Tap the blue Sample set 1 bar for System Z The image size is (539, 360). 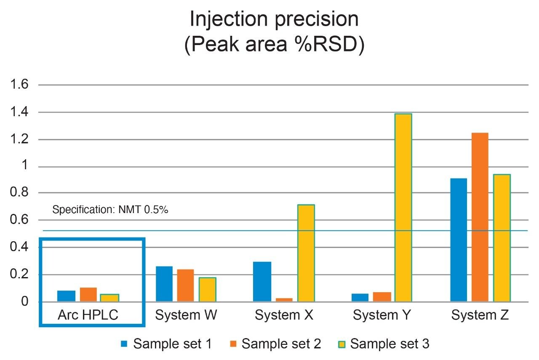459,240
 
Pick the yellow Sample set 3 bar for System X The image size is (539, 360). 306,253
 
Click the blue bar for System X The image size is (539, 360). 262,282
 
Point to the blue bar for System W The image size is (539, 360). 164,284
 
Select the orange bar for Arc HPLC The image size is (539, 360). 88,295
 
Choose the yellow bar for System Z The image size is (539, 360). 502,238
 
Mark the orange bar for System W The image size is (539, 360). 185,285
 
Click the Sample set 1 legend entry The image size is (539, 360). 166,344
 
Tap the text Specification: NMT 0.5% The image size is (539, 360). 110,210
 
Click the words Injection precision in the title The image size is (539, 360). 274,20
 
